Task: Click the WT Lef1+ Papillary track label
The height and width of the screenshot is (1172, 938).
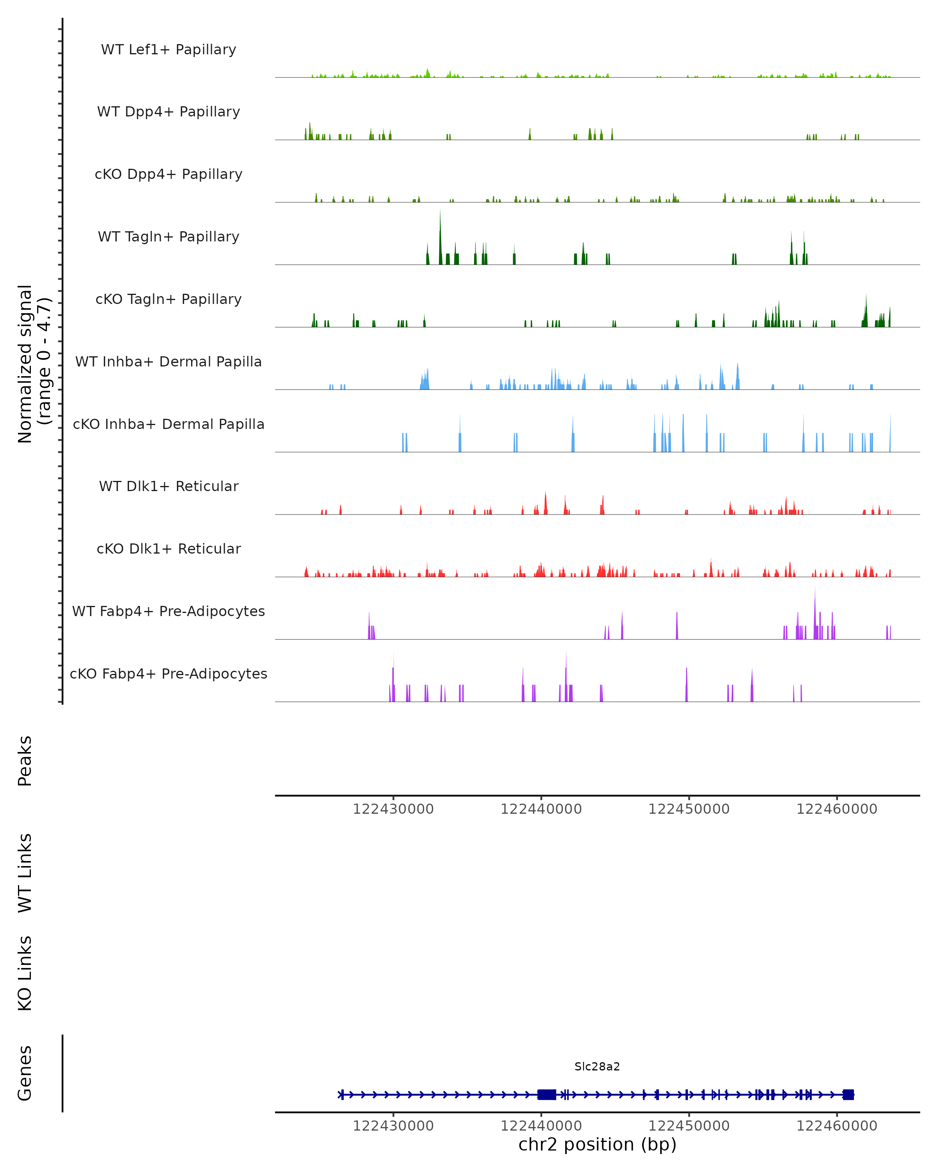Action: click(x=168, y=50)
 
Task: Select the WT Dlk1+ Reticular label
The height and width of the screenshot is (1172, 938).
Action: click(x=168, y=486)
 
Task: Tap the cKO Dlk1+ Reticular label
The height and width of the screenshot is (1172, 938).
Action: click(x=168, y=548)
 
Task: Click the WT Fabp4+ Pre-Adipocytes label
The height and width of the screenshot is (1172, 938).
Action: click(x=168, y=611)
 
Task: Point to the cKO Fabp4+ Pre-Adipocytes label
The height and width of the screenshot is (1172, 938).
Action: click(x=168, y=674)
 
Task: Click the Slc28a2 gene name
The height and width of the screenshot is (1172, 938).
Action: click(x=597, y=1067)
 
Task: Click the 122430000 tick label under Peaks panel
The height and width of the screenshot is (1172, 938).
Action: click(x=393, y=809)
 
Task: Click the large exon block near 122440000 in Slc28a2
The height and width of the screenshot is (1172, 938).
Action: click(x=546, y=1094)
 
